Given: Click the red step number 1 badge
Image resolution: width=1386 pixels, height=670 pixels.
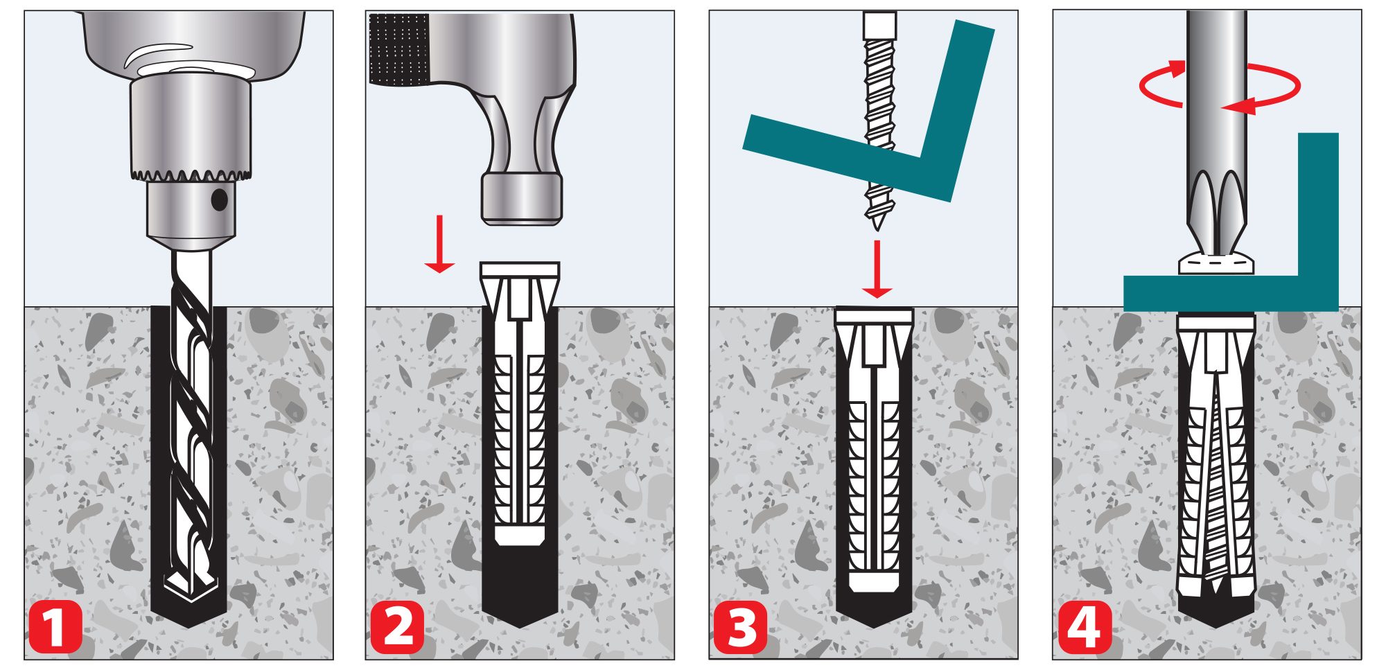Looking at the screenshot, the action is tap(55, 628).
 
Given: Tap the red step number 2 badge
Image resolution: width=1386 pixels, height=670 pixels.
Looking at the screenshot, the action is tap(397, 628).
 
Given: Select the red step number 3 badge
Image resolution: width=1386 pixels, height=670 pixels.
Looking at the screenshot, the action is tap(741, 628).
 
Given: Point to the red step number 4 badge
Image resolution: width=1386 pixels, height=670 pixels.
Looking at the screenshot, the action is tap(1085, 628).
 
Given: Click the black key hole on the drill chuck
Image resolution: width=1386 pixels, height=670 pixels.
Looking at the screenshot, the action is tap(219, 200).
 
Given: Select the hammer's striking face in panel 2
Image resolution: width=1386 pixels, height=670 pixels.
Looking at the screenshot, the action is tap(520, 199).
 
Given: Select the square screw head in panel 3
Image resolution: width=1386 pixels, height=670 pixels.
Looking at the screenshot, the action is tap(879, 26).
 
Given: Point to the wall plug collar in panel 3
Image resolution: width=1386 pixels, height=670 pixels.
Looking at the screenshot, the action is tap(874, 315).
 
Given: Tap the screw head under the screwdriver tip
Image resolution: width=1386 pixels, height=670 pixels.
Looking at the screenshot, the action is tap(1216, 264).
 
